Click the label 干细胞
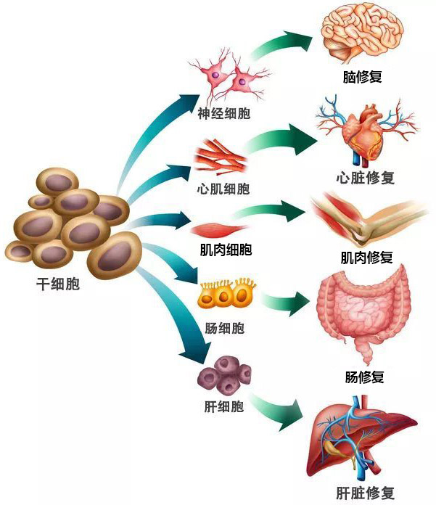pyautogui.click(x=58, y=285)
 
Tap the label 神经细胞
pyautogui.click(x=224, y=114)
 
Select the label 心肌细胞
pyautogui.click(x=223, y=189)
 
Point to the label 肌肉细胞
pyautogui.click(x=226, y=250)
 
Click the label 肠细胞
pyautogui.click(x=225, y=328)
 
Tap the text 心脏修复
pyautogui.click(x=366, y=178)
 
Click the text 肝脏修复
pyautogui.click(x=366, y=490)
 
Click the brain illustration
pyautogui.click(x=363, y=33)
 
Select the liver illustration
pyautogui.click(x=363, y=439)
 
